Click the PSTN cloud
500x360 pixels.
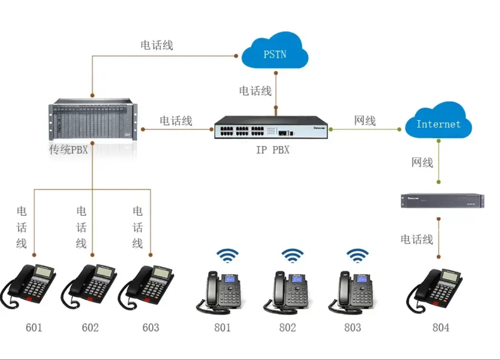point(275,51)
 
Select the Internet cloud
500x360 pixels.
point(438,121)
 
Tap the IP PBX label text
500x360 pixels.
point(273,150)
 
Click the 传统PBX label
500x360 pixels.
point(68,150)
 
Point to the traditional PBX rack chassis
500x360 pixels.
point(93,119)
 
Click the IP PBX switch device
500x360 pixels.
point(271,127)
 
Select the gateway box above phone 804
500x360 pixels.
point(443,201)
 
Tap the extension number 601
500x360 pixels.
point(34,328)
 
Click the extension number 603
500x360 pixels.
point(151,328)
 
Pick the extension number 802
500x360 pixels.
point(288,328)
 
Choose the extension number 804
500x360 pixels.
point(441,328)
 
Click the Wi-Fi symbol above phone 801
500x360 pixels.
point(228,256)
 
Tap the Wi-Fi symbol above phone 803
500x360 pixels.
point(357,256)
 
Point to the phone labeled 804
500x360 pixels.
point(434,290)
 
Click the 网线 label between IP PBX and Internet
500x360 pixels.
point(365,121)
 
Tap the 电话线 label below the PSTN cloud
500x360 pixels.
point(256,91)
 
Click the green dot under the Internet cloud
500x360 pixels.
point(438,141)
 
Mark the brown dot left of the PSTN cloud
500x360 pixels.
point(236,56)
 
